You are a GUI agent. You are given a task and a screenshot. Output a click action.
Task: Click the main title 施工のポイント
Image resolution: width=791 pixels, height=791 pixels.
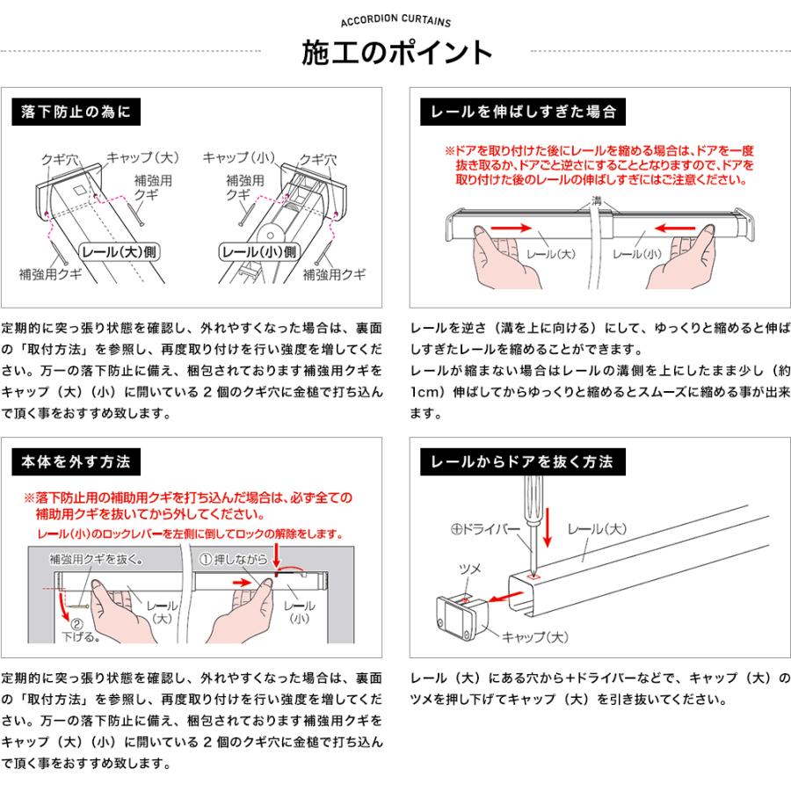coord(396,53)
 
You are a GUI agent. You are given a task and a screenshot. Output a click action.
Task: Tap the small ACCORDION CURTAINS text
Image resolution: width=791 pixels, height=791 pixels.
coord(395,23)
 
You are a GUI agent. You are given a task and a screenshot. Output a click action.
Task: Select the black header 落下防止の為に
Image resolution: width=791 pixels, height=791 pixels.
coord(76,112)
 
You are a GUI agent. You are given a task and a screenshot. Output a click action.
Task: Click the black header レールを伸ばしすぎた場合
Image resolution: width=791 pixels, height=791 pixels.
coord(522,112)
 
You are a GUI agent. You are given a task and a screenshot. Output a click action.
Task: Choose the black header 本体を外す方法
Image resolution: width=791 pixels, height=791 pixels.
coord(76,461)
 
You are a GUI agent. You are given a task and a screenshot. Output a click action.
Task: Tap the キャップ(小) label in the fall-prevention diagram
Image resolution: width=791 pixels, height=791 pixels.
coord(239,158)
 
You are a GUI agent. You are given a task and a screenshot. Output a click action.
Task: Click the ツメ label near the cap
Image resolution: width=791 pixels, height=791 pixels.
coord(471,570)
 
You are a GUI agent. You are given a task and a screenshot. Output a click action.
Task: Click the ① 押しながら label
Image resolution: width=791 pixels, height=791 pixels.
coord(230,557)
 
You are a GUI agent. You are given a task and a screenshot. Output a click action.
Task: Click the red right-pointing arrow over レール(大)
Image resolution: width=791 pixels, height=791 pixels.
coord(513,228)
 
